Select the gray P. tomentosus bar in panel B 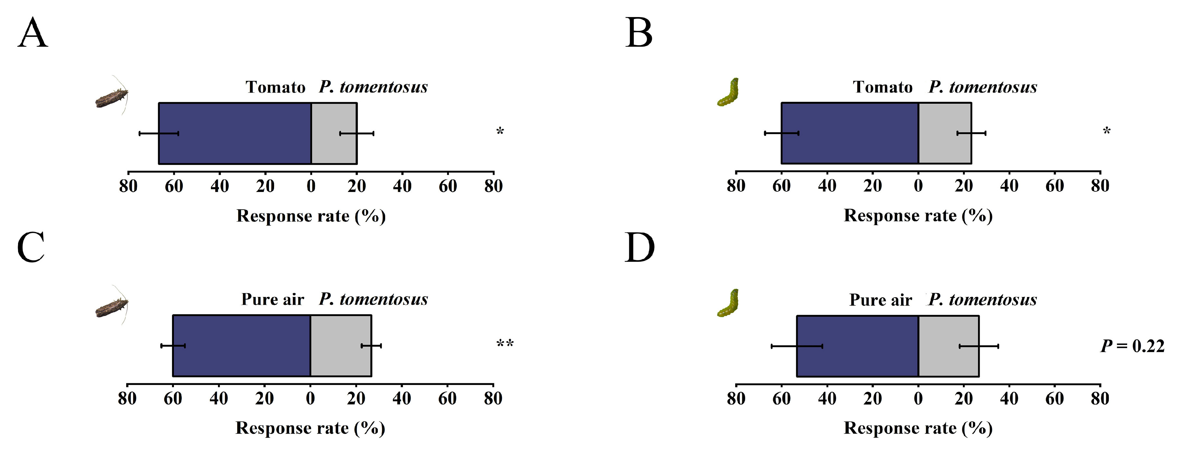coord(944,133)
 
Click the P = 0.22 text coord(1132,346)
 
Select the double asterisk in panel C coord(505,344)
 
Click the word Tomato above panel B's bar coord(882,87)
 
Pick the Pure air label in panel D coord(880,300)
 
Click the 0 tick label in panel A coord(311,186)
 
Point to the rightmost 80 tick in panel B coord(1100,186)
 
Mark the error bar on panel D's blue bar coord(797,346)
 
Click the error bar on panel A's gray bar coord(357,133)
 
